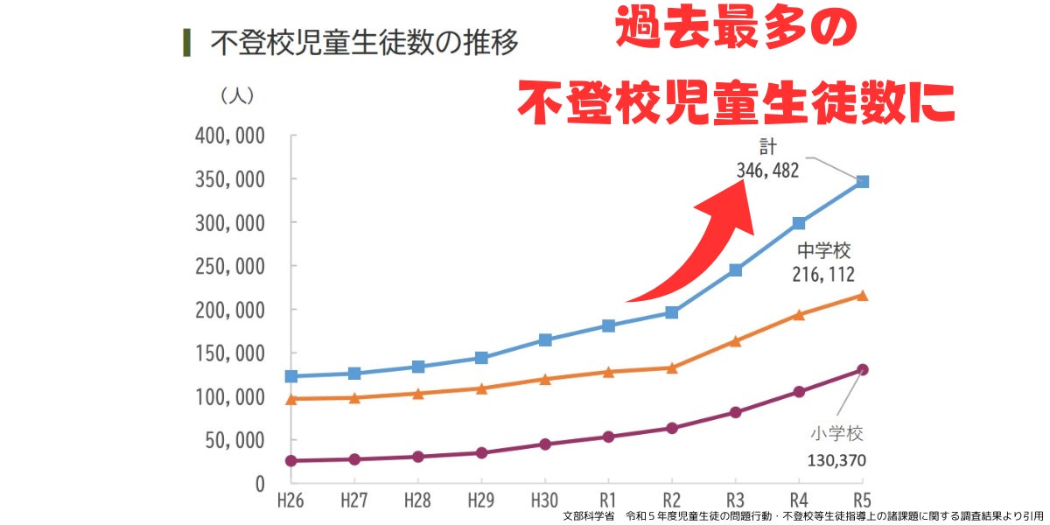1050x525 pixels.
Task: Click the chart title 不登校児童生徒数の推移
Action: tap(363, 42)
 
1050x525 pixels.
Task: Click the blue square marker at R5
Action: tap(862, 181)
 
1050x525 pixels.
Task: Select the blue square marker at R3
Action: tap(735, 270)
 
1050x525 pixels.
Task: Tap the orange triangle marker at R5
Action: tap(862, 296)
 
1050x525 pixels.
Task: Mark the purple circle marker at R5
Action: tap(862, 369)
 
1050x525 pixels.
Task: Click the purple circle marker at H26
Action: tap(291, 460)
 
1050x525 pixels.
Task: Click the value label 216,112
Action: tap(824, 275)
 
